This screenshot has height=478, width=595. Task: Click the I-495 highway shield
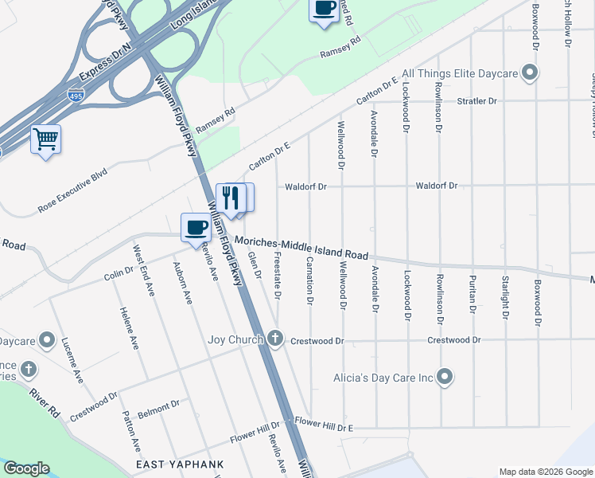pos(76,94)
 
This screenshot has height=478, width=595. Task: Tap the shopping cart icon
pos(45,139)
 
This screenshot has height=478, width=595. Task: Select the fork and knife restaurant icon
pos(230,198)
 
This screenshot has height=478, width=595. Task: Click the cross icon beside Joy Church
pos(275,339)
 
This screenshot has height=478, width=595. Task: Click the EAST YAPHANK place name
pos(179,464)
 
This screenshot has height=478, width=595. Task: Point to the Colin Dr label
pos(119,273)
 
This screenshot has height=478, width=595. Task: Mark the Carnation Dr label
pos(309,281)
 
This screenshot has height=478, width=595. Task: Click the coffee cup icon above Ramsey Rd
pos(323,10)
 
